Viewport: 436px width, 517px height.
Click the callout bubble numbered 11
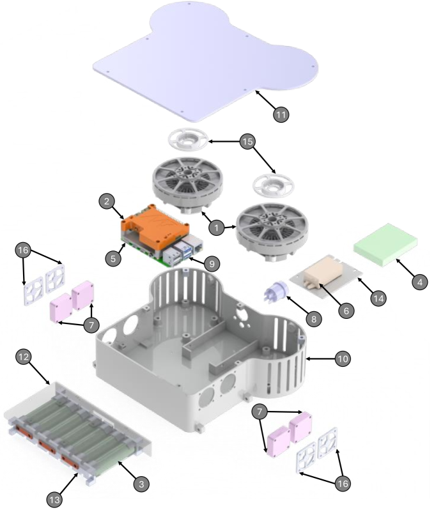pos(281,114)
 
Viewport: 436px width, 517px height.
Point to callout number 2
pos(108,201)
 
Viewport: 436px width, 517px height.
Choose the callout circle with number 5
pos(114,259)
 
